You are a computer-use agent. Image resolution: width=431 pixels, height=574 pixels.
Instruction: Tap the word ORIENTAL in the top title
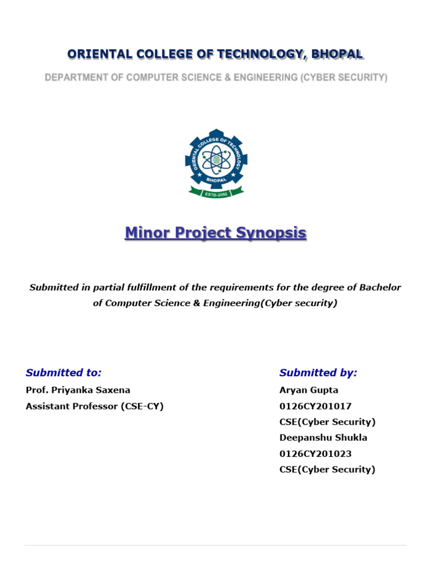point(99,54)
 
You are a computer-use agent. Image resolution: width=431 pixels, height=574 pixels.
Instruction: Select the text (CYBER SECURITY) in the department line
point(343,78)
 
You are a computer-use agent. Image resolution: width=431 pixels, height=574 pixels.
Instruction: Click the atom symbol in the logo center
point(215,160)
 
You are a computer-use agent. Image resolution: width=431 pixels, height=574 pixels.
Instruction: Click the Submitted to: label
point(63,373)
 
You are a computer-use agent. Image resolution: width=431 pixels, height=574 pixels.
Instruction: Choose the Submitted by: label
point(318,373)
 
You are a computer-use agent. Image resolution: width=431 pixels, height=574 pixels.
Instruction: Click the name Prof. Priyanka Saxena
point(78,390)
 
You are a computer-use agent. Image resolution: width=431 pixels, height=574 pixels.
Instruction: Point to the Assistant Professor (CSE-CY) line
point(94,406)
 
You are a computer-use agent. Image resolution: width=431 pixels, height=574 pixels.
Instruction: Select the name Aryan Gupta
point(309,390)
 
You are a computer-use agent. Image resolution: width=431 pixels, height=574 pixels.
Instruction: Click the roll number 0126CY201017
point(315,406)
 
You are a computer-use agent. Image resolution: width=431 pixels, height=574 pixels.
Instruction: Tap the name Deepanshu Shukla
point(323,438)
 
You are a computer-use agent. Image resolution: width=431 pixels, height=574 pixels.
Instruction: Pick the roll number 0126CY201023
point(315,453)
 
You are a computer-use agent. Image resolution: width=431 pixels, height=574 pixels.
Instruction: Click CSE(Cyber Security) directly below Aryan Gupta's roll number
point(327,422)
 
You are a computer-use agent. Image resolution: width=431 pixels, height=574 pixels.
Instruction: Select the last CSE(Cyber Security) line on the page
point(327,470)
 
